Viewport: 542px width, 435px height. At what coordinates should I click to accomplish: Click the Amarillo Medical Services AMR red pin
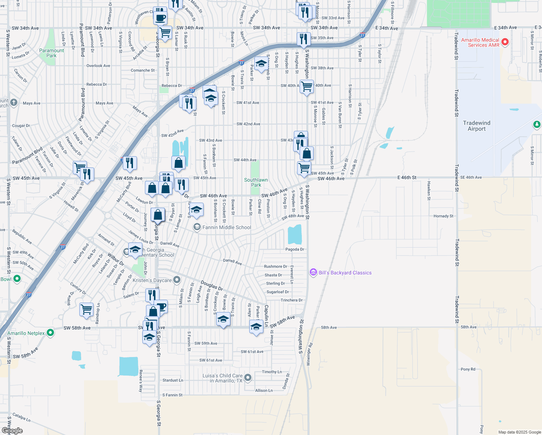[505, 42]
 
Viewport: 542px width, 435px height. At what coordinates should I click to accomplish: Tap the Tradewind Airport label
[476, 126]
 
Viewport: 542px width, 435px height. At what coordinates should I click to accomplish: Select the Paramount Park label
[51, 53]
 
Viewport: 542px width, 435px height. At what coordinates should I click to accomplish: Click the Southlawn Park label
[256, 182]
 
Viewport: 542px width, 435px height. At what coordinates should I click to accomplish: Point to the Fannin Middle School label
[226, 227]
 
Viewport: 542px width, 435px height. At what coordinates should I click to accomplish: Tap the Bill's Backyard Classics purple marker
[313, 273]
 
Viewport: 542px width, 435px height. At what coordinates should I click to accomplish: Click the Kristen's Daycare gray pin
[177, 280]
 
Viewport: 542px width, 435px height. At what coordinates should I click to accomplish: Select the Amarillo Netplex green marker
[50, 333]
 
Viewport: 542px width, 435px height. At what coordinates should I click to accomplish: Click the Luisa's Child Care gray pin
[248, 378]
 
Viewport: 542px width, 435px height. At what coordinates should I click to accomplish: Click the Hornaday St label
[443, 216]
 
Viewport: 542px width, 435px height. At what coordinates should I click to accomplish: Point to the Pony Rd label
[468, 369]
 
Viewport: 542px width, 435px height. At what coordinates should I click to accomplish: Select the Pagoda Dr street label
[295, 249]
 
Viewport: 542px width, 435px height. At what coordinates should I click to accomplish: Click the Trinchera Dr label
[291, 300]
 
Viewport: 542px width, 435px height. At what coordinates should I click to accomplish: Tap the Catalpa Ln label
[21, 417]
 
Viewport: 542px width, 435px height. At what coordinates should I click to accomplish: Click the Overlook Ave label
[98, 66]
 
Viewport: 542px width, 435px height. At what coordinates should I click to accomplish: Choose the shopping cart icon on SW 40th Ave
[307, 86]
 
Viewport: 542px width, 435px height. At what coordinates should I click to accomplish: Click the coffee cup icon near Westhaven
[160, 17]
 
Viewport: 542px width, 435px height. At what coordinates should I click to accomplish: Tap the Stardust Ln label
[172, 380]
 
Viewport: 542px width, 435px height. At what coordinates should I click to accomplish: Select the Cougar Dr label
[21, 126]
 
